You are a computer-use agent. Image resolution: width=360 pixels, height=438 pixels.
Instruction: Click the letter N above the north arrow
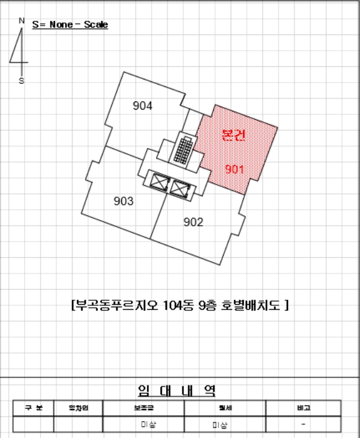pos(22,21)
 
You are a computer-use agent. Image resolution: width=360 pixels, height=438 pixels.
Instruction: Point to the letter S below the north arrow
pos(22,81)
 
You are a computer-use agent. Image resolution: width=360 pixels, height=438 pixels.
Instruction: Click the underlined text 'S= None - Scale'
pos(70,25)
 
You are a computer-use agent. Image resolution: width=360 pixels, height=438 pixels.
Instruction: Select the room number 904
pos(142,106)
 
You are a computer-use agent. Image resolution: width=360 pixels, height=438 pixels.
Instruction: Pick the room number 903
pos(124,201)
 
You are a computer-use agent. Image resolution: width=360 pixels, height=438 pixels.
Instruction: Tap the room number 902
pos(193,222)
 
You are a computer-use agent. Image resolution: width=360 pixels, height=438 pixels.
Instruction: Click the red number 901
pos(234,169)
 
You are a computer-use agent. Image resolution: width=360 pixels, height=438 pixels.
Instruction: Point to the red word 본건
pos(234,136)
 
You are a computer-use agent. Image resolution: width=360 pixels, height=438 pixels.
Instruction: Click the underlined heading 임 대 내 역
pos(176,391)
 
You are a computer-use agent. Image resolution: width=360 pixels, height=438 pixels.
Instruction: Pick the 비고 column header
pos(303,408)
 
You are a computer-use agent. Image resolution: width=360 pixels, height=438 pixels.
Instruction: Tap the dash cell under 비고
pos(303,424)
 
